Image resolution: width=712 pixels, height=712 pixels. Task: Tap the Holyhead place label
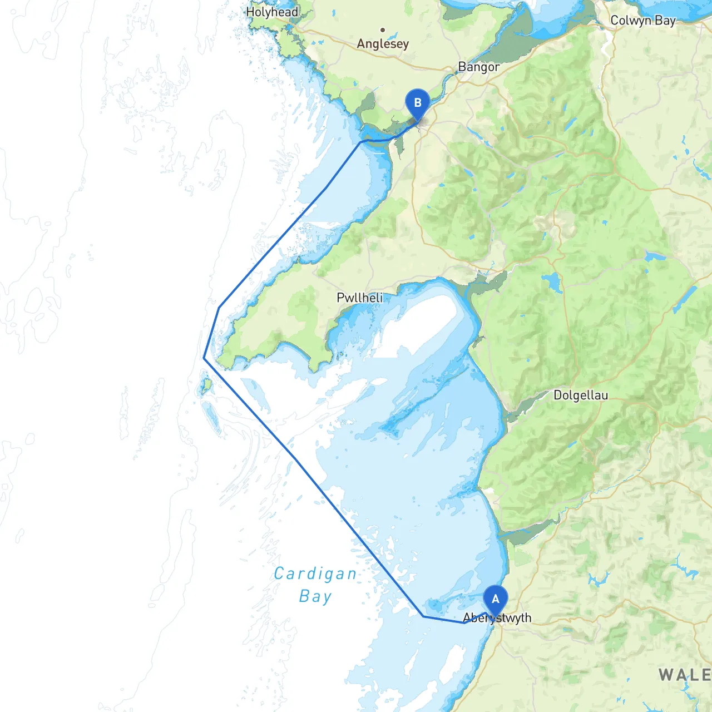coord(272,12)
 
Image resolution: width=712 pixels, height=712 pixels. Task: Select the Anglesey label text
coord(383,43)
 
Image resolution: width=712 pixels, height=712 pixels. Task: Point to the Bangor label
coord(478,67)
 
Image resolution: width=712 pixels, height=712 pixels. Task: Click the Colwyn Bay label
coord(642,21)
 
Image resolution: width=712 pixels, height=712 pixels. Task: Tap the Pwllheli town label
coord(360,298)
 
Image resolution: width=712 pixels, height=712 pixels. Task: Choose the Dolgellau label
coord(581,395)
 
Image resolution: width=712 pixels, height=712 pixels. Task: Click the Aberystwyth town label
coord(497,618)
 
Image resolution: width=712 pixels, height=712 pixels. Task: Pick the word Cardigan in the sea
coord(315,573)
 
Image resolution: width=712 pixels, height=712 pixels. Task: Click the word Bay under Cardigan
coord(315,596)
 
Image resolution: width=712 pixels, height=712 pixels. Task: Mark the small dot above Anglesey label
coord(383,30)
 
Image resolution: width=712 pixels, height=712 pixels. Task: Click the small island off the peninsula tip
coord(206,384)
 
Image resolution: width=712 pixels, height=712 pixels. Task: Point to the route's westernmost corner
coord(204,358)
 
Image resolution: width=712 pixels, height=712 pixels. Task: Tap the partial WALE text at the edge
coord(685,675)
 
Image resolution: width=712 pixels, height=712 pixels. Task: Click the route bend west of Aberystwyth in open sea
coord(423,616)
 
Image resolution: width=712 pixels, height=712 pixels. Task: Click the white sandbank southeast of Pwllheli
coord(423,323)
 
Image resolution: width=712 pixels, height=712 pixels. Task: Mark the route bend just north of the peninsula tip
coord(219,307)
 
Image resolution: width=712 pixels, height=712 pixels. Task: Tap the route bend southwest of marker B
coord(362,142)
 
